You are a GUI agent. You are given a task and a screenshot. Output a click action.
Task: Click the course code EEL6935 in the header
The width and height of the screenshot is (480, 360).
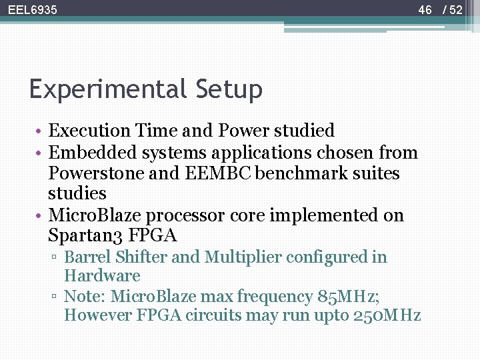pyautogui.click(x=33, y=10)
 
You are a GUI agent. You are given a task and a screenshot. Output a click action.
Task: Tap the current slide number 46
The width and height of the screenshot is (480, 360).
pyautogui.click(x=425, y=10)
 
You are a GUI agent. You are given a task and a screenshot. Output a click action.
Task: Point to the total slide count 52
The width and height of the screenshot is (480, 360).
pyautogui.click(x=455, y=10)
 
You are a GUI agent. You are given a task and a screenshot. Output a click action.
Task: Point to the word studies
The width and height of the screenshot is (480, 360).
pyautogui.click(x=77, y=194)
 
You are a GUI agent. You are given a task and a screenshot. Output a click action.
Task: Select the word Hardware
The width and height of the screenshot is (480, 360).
pyautogui.click(x=102, y=276)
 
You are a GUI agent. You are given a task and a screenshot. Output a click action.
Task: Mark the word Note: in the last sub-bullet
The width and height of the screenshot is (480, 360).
pyautogui.click(x=85, y=296)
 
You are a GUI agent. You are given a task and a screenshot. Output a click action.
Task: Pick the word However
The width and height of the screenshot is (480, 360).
pyautogui.click(x=98, y=315)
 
